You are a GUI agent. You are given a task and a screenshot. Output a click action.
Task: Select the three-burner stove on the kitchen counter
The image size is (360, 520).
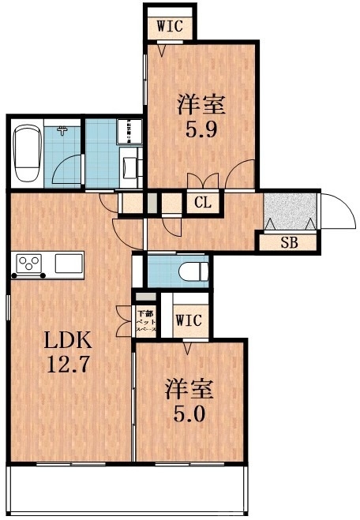click(30, 263)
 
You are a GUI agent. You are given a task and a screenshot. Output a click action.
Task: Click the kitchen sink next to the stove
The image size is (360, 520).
click(67, 263)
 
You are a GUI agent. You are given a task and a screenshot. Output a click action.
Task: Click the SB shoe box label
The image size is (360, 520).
click(289, 242)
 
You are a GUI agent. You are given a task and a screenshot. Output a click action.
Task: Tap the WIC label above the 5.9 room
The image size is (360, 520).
click(170, 25)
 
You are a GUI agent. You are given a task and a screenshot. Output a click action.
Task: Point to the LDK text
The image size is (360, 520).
click(62, 342)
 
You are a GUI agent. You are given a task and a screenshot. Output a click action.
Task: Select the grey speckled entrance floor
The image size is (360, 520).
click(289, 211)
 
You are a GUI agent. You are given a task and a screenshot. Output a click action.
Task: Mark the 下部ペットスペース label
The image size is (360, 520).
click(146, 321)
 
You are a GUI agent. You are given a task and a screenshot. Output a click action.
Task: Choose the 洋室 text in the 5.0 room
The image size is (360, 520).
click(189, 388)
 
